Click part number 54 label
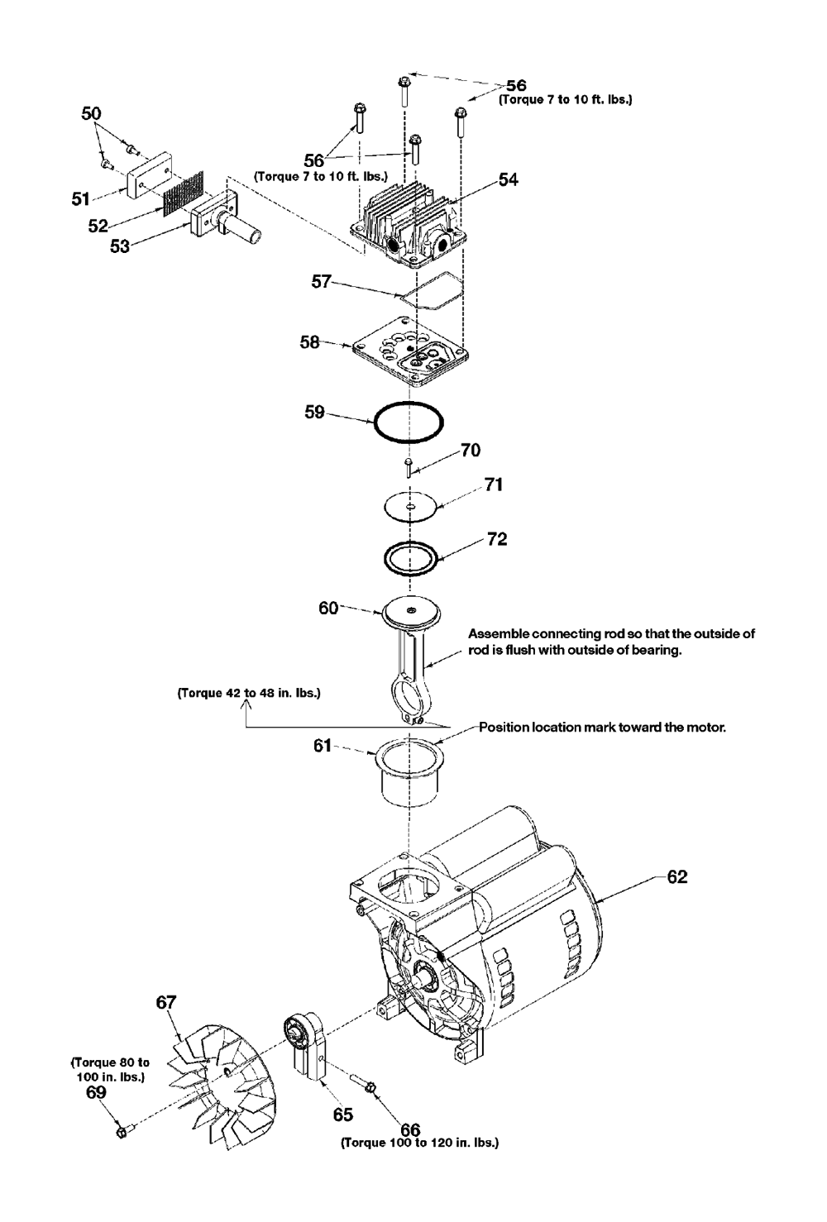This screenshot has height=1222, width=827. pos(508,179)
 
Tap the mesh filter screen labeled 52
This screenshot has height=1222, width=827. pos(184,192)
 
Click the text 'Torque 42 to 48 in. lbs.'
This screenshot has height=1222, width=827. pos(249,694)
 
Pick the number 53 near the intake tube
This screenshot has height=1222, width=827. pos(120,246)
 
